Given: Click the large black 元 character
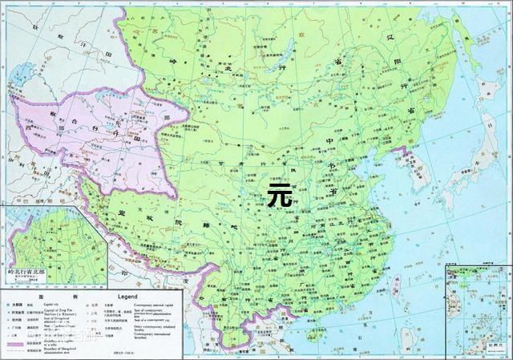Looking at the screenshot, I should [x=279, y=194].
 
